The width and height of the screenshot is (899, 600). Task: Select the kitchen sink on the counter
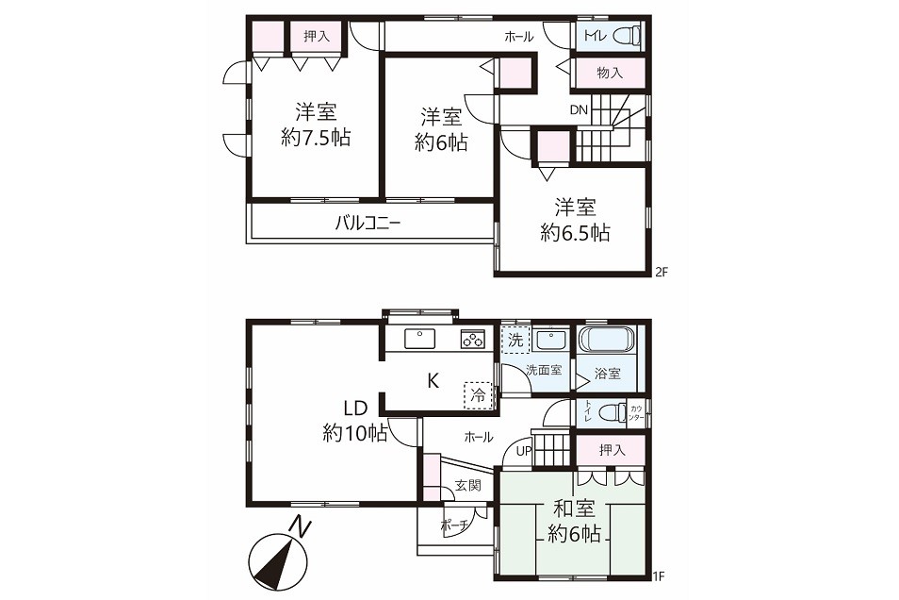point(419,339)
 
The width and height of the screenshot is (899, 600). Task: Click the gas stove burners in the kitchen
point(473,339)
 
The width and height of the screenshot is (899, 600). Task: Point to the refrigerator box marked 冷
point(478,395)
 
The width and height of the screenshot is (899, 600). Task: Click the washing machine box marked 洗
point(515,340)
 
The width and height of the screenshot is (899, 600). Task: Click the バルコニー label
point(368,223)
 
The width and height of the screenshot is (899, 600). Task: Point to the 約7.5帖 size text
point(316,138)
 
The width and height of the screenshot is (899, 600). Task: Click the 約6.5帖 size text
point(575,232)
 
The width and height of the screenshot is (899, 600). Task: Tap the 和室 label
point(574,508)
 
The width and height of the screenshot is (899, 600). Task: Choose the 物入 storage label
point(609,73)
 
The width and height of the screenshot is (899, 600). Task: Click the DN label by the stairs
point(580,109)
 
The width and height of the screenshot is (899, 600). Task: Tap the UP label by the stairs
point(524,451)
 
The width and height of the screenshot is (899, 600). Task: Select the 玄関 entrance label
point(467,485)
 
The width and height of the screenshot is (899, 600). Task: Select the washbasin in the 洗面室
point(550,341)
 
